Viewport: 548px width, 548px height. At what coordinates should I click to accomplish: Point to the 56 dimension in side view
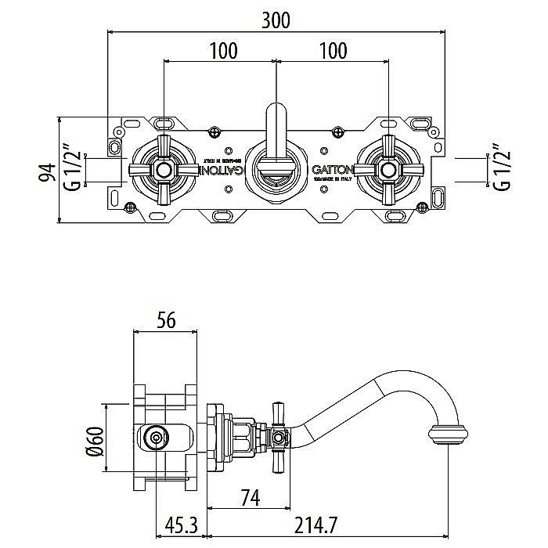[x=165, y=320]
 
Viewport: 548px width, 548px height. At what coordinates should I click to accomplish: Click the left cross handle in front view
[x=164, y=169]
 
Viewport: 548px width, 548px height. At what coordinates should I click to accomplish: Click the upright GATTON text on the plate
[x=333, y=169]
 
